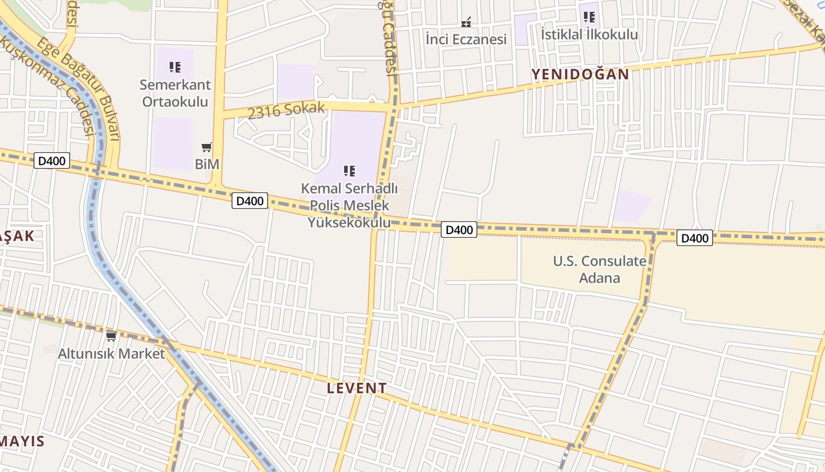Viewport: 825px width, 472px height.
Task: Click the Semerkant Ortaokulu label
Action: (x=175, y=93)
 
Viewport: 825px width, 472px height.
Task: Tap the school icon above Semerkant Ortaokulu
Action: (x=174, y=67)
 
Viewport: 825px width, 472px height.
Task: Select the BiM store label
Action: (x=207, y=164)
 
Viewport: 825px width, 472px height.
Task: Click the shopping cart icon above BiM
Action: (x=206, y=147)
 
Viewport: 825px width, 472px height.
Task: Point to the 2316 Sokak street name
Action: (x=286, y=110)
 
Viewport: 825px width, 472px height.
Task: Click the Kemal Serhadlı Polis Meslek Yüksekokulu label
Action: (x=349, y=205)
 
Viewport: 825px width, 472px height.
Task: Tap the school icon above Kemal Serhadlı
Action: (x=349, y=171)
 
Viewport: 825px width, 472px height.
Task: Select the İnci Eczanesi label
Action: (x=466, y=40)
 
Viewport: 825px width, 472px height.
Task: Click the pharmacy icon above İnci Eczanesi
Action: (x=466, y=23)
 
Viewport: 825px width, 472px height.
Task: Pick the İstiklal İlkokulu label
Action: (x=589, y=34)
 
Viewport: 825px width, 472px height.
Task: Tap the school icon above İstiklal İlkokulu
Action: (x=589, y=17)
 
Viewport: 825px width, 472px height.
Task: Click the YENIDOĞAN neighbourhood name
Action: (x=580, y=74)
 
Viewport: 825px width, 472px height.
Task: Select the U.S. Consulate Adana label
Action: (x=599, y=269)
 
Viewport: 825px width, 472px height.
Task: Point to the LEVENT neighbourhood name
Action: (x=357, y=388)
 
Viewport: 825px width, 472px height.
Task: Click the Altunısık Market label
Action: (x=111, y=354)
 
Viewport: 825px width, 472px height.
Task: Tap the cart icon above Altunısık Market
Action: (x=111, y=336)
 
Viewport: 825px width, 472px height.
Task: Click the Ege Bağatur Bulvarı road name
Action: (x=80, y=88)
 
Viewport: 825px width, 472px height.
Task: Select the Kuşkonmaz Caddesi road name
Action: (x=50, y=88)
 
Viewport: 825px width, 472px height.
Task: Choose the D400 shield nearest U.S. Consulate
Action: (x=694, y=238)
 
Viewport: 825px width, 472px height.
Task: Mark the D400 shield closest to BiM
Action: (x=250, y=201)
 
